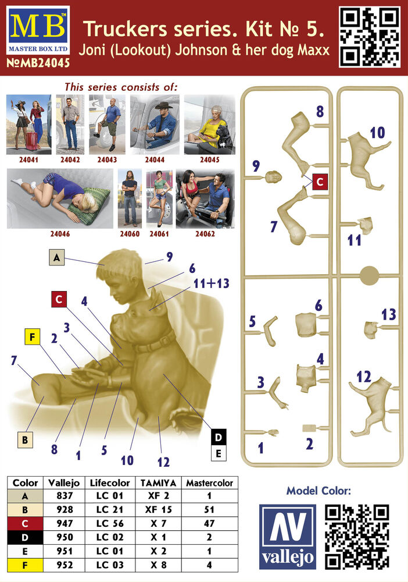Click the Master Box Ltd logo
(x=38, y=30)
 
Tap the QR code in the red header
(x=370, y=37)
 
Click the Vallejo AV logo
(x=288, y=537)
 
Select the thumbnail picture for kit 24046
(x=60, y=198)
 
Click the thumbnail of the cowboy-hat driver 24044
(x=155, y=125)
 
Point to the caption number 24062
(x=205, y=234)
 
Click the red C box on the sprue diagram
(x=320, y=182)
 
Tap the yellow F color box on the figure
(x=32, y=337)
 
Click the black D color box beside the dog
(x=219, y=437)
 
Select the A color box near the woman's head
(x=56, y=257)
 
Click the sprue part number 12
(x=363, y=377)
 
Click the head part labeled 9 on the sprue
(x=273, y=177)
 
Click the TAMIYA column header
(x=158, y=483)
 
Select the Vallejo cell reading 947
(x=65, y=523)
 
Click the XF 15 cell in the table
(x=158, y=510)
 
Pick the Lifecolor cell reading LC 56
(x=110, y=523)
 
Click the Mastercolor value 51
(x=209, y=510)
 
